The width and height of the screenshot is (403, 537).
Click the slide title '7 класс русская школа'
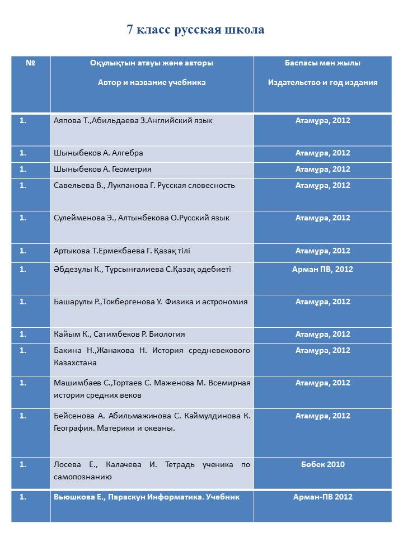coord(195,30)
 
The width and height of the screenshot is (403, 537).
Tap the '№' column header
coord(31,63)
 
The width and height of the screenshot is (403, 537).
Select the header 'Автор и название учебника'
coord(152,82)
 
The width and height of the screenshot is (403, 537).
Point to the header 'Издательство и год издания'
coord(322,82)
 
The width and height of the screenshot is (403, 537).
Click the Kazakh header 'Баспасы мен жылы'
coord(322,63)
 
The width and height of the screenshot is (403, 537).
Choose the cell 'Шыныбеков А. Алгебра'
coord(98,153)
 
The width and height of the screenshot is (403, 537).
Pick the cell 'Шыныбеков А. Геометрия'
coord(102,169)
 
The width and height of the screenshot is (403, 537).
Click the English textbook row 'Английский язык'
coord(133,120)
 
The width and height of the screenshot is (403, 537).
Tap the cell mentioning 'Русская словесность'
coord(144,185)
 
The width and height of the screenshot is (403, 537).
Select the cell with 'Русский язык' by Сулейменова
coord(141,218)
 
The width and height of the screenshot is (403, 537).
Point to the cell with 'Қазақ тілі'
coord(121,251)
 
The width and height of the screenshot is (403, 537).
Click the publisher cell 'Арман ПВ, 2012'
coord(322,269)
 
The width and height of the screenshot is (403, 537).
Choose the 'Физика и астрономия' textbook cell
coord(151,302)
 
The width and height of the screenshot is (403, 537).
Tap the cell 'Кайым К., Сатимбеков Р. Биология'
coord(119,334)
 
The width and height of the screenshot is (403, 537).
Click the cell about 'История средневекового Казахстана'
coord(152,356)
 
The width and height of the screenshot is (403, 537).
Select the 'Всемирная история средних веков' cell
coord(152,389)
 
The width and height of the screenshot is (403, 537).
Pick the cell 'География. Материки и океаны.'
coord(152,422)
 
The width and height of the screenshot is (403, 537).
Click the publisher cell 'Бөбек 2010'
coord(322,464)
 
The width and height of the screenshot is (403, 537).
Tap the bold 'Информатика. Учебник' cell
coord(147,497)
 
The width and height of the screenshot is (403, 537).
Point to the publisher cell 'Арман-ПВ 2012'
coord(322,497)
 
